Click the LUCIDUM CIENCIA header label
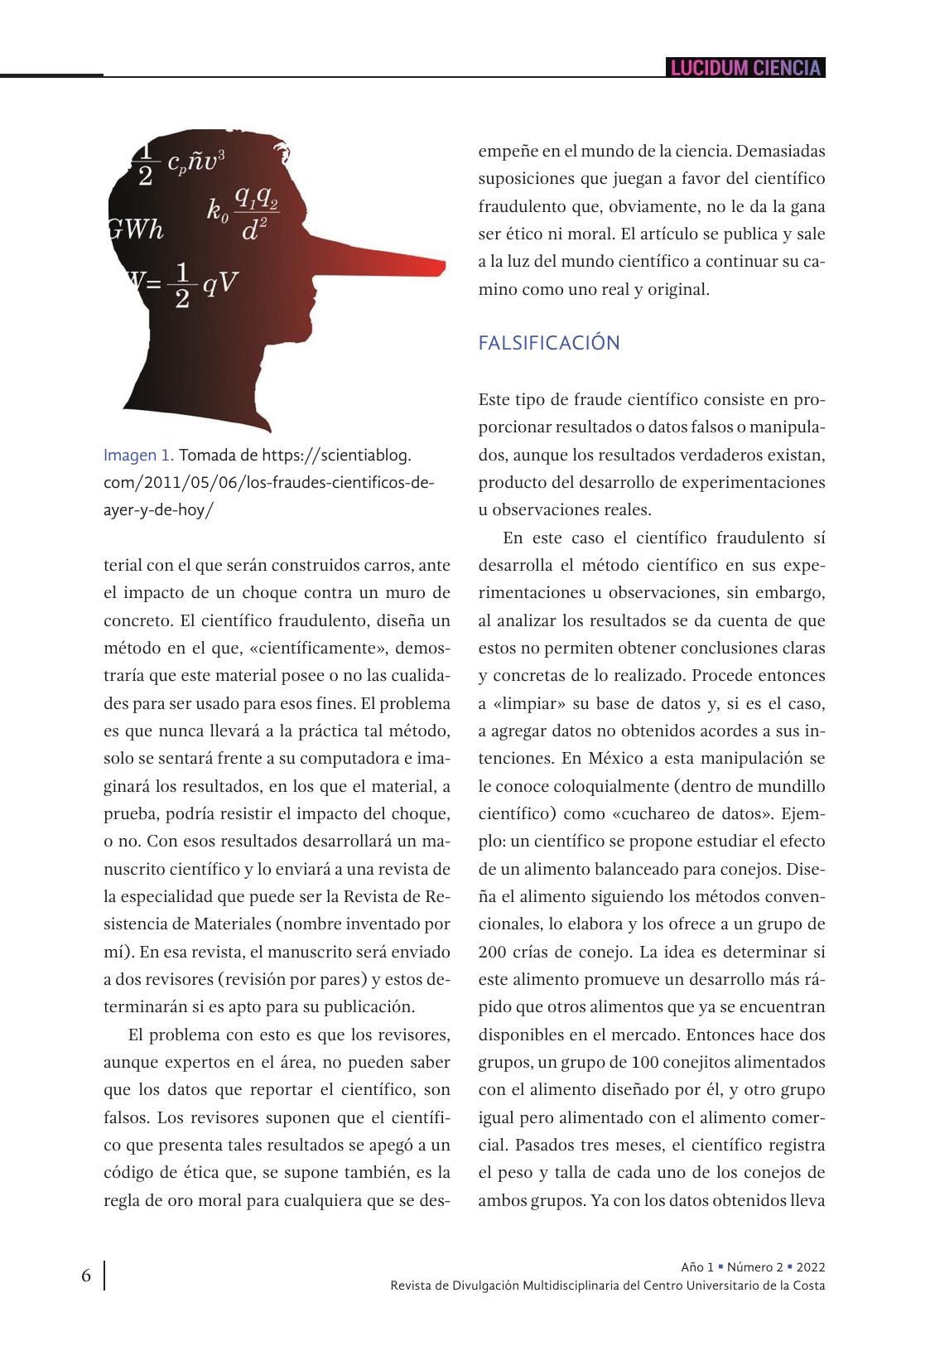[745, 68]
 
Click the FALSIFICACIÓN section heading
[548, 343]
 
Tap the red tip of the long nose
[435, 267]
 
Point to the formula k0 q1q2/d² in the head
[243, 213]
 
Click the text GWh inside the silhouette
[137, 230]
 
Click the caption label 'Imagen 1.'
[138, 455]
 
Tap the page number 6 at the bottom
[86, 1276]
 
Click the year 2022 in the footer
[811, 1267]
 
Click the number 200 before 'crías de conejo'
[494, 952]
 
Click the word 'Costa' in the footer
[807, 1286]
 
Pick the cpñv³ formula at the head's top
[195, 162]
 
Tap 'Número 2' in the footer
[754, 1267]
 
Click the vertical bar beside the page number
[105, 1276]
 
